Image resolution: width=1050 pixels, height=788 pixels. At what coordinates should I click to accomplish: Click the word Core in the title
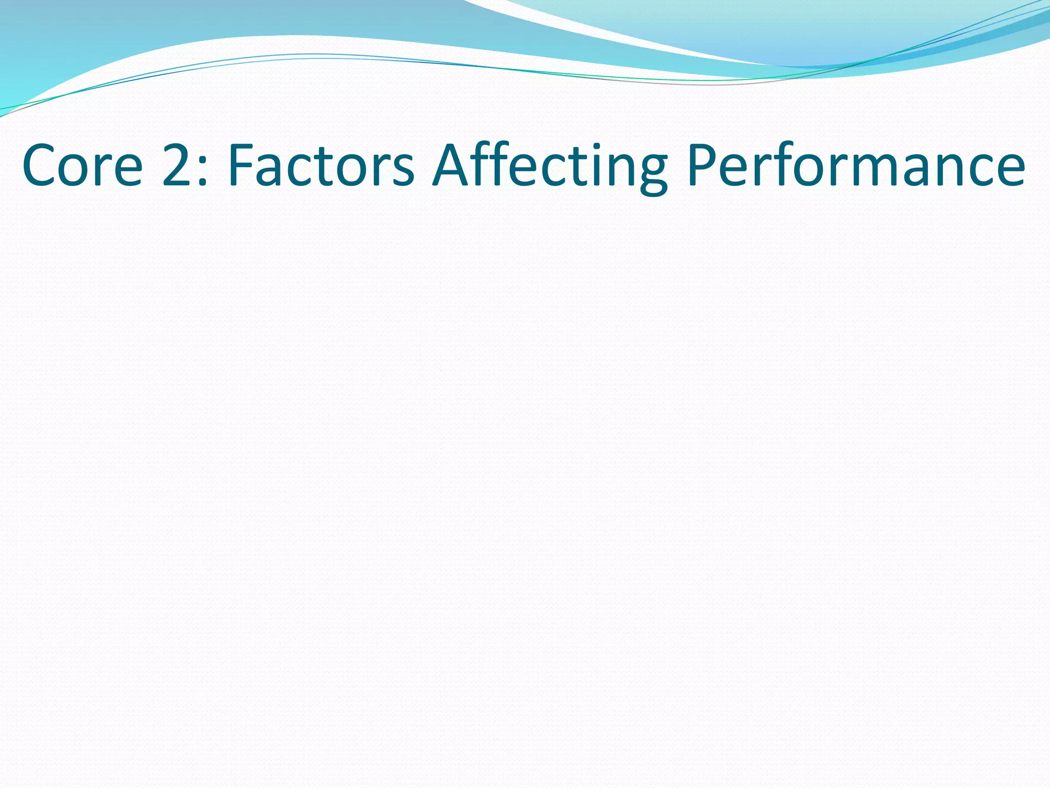[82, 166]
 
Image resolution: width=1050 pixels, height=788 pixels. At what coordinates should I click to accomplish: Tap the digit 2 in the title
[177, 165]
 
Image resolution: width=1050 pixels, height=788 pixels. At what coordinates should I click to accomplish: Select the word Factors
[321, 166]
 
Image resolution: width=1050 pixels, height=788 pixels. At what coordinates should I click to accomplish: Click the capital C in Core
[39, 166]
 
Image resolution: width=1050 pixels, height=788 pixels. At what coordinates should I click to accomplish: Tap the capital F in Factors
[240, 165]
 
